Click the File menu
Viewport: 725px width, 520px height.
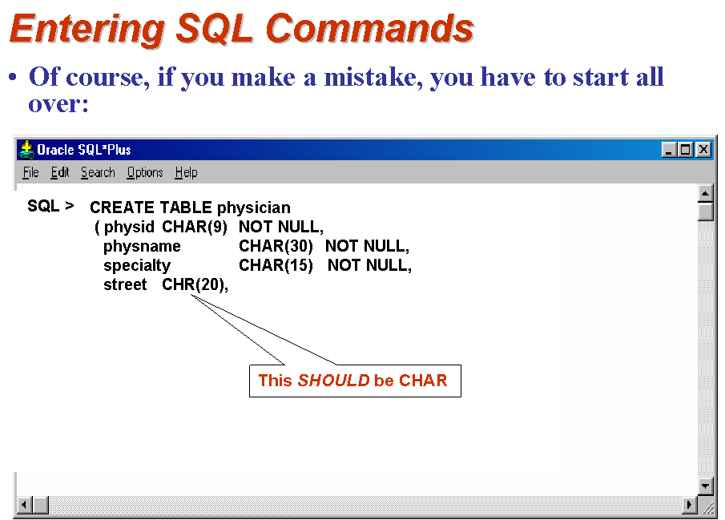coord(31,172)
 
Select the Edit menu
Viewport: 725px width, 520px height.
coord(59,172)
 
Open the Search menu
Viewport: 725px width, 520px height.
coord(98,172)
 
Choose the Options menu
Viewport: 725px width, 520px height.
coord(145,173)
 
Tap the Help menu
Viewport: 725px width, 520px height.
coord(187,173)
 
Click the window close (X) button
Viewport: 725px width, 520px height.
coord(703,150)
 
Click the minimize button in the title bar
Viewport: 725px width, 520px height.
coord(669,150)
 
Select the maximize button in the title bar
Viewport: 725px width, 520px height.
coord(686,150)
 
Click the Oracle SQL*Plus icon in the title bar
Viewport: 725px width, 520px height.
coord(26,150)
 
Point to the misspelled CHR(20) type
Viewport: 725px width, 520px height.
coord(195,284)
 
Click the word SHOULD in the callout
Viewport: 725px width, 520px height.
coord(333,381)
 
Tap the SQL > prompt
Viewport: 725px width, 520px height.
coord(50,206)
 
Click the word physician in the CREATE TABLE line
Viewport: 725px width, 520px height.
coord(254,208)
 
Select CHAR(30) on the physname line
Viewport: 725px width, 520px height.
coord(276,246)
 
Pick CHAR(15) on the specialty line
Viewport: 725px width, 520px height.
coord(276,265)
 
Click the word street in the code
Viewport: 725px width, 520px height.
coord(125,284)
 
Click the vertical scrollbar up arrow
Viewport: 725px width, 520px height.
coord(705,193)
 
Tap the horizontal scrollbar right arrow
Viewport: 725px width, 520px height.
coord(690,504)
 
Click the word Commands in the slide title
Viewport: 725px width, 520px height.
coord(370,28)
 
